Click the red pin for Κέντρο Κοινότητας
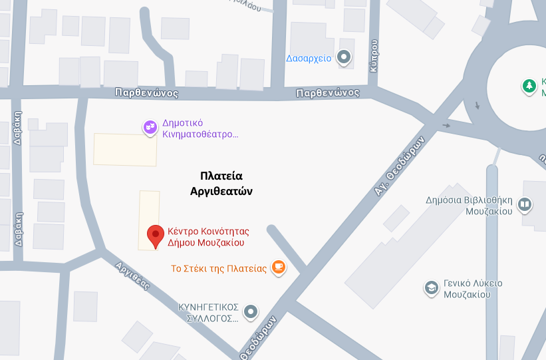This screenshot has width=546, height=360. coord(156,235)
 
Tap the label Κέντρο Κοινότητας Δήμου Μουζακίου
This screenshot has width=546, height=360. coord(207,237)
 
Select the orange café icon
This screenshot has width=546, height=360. coord(278,268)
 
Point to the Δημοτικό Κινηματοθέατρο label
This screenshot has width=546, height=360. coord(200,128)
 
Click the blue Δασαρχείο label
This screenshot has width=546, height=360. coord(309,58)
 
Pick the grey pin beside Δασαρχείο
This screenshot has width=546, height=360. coord(344,58)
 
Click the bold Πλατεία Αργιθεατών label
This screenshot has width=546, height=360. coord(221,184)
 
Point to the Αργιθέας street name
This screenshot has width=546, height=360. coord(132,275)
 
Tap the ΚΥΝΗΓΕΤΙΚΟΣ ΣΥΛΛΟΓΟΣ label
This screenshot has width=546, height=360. coord(208,312)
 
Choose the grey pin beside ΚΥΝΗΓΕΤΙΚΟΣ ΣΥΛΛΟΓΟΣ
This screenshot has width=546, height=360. coord(251,311)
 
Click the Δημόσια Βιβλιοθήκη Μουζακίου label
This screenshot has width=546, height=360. coord(469,205)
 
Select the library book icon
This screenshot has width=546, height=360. coord(525,204)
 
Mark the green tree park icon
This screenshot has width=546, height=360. coord(529,86)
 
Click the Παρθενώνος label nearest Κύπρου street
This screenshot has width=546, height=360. coord(329,92)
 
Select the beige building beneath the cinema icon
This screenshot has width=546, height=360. coord(125,149)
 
